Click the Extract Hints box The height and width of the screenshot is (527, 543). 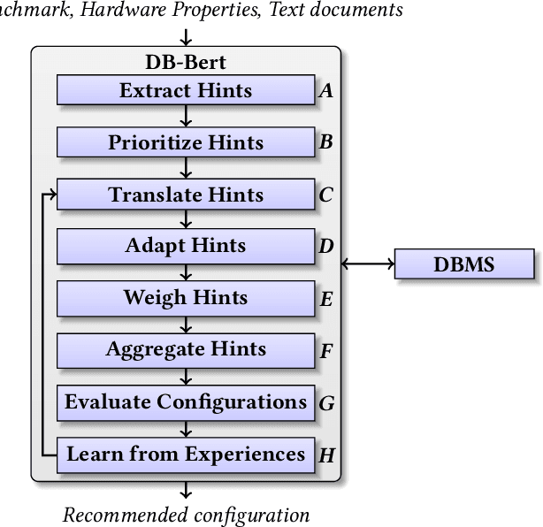186,90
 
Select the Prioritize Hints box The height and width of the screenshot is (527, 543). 186,142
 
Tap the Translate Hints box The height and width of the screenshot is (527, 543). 186,195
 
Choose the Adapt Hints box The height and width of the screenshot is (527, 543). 186,246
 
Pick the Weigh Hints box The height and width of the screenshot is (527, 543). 186,298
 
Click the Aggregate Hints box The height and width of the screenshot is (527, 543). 186,350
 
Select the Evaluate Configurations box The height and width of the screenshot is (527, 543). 186,402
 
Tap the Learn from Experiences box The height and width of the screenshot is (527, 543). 186,454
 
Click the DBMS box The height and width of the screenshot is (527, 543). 464,263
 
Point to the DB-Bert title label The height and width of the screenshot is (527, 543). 185,64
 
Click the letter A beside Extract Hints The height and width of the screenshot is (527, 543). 326,90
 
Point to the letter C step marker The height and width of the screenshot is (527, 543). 326,195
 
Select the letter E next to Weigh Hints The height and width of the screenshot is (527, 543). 326,299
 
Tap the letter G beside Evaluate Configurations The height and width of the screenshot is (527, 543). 326,403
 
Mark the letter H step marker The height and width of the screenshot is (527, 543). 326,455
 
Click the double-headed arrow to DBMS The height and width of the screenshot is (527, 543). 367,263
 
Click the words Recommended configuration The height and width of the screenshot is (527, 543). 187,516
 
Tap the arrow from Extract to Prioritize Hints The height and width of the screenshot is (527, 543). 186,117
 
